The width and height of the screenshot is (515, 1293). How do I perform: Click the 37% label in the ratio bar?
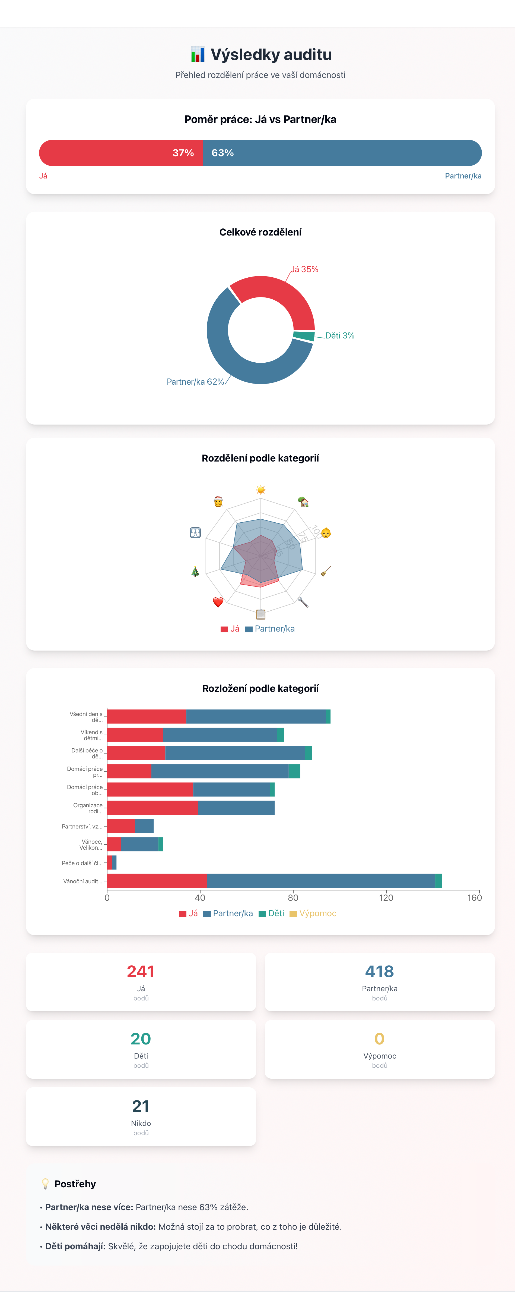click(x=183, y=153)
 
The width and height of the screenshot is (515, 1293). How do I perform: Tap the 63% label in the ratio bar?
click(x=223, y=153)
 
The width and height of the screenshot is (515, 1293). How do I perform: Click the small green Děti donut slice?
click(x=304, y=336)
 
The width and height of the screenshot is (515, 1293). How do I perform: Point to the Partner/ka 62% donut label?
click(x=195, y=382)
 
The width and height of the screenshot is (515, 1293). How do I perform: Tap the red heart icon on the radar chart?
click(x=218, y=602)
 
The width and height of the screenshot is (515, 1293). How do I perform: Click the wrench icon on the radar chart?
click(x=303, y=602)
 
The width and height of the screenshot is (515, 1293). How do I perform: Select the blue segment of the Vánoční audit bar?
click(x=321, y=881)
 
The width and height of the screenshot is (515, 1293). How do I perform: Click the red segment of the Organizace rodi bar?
click(x=152, y=808)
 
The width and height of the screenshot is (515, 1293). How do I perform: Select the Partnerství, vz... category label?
click(x=82, y=826)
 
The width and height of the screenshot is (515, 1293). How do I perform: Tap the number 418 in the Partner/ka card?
click(x=380, y=971)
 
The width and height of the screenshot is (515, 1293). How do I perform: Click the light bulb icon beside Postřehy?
click(x=45, y=1184)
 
